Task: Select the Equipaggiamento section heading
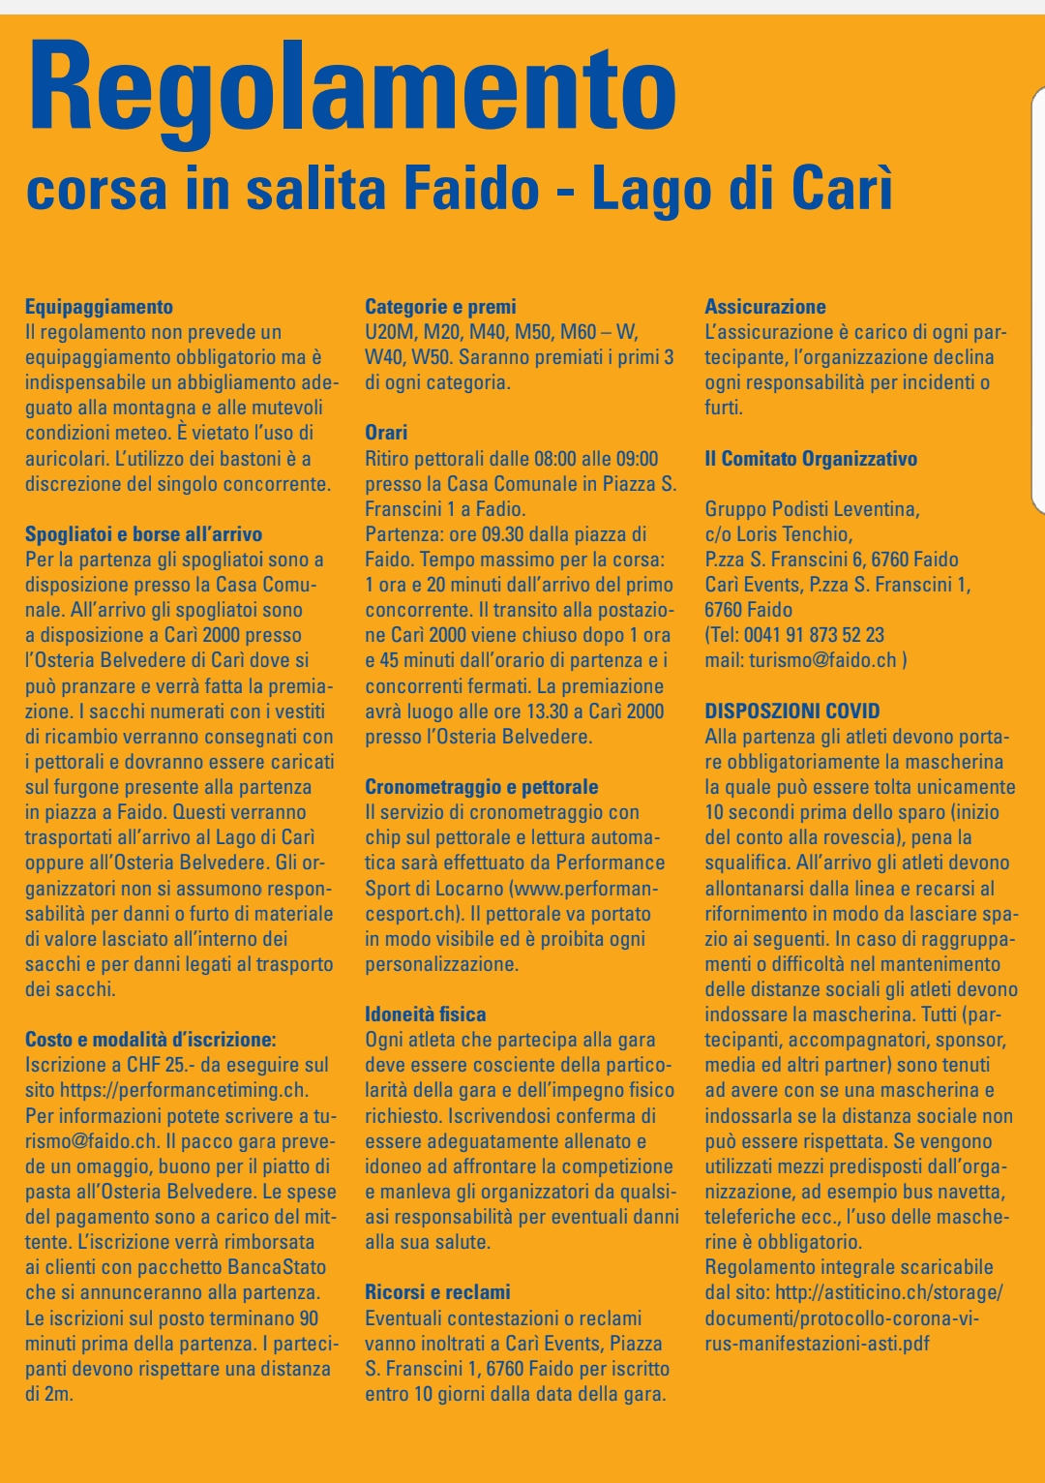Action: tap(99, 307)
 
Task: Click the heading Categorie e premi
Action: tap(440, 307)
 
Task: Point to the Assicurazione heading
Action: tap(765, 307)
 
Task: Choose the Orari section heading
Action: tap(386, 433)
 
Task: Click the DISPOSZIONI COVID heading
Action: tap(792, 711)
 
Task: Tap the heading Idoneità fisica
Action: tap(425, 1014)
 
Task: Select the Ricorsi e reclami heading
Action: tap(437, 1292)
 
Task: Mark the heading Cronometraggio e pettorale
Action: tap(481, 787)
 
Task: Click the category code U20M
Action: tap(389, 332)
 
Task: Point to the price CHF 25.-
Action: tap(154, 1065)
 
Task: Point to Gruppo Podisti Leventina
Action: tap(812, 509)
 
